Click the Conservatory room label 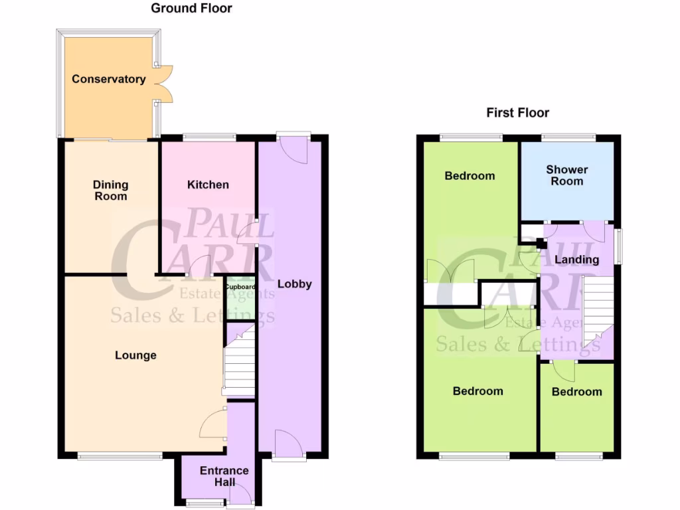[x=109, y=79]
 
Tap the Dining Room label [x=110, y=191]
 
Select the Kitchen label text [x=208, y=185]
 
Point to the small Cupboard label [x=240, y=288]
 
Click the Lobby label [x=294, y=284]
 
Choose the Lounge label [x=135, y=355]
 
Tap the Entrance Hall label [x=224, y=476]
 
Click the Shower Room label [x=567, y=175]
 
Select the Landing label [x=576, y=260]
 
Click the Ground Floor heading [x=192, y=9]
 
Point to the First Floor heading [x=517, y=113]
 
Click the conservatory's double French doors [x=163, y=84]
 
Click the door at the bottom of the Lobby [x=289, y=444]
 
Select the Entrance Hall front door [x=240, y=495]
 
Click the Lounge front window [x=120, y=456]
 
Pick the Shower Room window [x=567, y=137]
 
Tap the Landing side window [x=619, y=246]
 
